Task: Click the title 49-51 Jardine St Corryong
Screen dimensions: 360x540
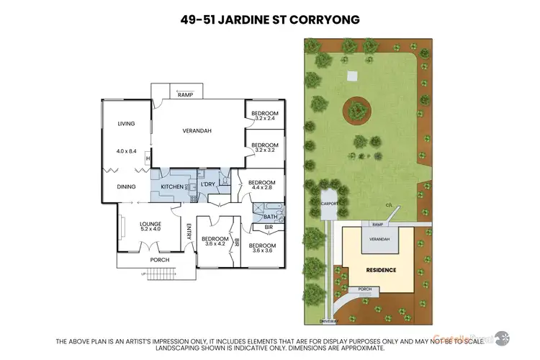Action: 270,19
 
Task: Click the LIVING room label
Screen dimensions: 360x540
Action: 127,124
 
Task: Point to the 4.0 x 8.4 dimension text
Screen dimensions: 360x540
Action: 127,151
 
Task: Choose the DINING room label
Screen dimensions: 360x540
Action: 127,186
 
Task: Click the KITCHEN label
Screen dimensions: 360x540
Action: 171,186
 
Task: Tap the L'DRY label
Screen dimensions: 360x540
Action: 208,185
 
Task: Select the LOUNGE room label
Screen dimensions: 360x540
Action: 150,224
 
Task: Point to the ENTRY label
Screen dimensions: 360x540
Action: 189,232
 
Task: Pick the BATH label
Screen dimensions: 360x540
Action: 271,216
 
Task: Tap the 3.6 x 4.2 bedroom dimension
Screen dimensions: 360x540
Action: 215,244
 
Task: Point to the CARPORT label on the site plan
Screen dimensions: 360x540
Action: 328,204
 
